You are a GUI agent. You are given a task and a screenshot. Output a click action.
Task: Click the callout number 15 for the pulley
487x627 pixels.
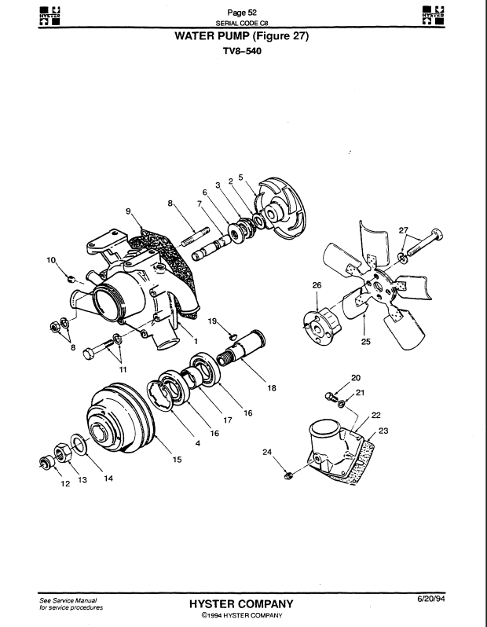(178, 460)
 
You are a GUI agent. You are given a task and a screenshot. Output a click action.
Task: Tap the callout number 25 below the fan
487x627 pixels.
(366, 342)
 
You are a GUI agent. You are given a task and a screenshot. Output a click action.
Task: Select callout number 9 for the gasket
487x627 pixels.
(128, 211)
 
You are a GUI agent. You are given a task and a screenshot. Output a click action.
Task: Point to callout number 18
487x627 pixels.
(272, 388)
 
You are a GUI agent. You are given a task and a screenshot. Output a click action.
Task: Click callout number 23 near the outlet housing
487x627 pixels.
(383, 431)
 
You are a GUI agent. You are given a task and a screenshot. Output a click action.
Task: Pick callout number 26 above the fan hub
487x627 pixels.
(317, 285)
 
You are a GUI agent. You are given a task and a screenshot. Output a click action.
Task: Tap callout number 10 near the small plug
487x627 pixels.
(51, 260)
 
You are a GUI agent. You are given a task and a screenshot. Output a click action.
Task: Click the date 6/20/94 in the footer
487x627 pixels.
(431, 599)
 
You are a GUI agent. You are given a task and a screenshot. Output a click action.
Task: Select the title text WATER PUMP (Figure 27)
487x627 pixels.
(242, 36)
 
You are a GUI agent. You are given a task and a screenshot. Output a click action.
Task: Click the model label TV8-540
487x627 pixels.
(242, 51)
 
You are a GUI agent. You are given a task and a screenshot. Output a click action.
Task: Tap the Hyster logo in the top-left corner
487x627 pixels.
(50, 16)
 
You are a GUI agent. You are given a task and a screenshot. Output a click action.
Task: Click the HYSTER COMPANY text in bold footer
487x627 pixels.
(241, 603)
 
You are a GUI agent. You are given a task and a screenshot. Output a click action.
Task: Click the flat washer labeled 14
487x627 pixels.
(79, 444)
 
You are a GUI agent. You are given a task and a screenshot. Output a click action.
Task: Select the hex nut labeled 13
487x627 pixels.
(63, 453)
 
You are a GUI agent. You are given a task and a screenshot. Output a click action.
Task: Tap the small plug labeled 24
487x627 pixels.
(287, 476)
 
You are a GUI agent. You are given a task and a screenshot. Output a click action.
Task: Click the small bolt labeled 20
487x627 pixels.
(331, 397)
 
